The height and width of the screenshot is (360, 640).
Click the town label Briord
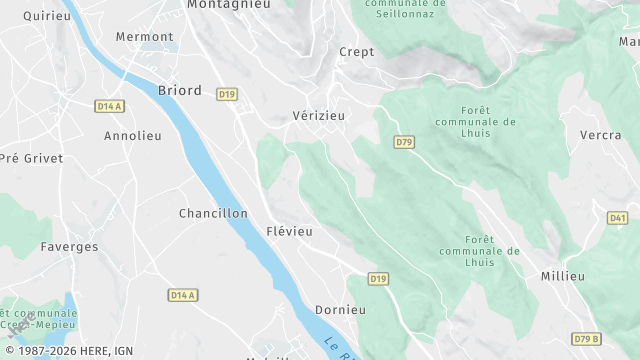[x=180, y=91]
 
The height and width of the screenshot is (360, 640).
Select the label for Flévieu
[x=290, y=231]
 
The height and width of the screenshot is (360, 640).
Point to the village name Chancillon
[x=213, y=213]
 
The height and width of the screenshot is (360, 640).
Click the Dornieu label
[x=340, y=310]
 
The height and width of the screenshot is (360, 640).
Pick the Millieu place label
[x=562, y=276]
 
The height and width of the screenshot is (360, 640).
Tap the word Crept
[x=357, y=52]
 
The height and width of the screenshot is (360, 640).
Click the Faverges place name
[x=69, y=246]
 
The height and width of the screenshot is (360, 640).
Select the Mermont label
[x=144, y=36]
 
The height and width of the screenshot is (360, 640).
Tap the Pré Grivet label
[x=31, y=158]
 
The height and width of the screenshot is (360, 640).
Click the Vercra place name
[x=601, y=135]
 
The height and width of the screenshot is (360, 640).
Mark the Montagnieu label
[x=229, y=5]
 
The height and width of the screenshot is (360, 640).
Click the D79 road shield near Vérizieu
[x=404, y=143]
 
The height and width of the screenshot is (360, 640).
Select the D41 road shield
[x=617, y=218]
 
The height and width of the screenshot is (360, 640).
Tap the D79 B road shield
[x=588, y=338]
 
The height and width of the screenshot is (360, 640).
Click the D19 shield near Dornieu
[x=379, y=278]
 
